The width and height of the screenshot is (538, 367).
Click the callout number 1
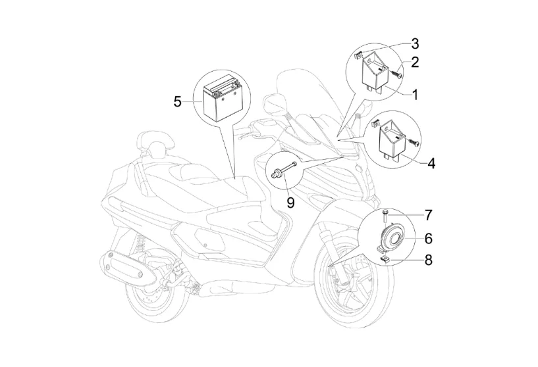click(x=415, y=95)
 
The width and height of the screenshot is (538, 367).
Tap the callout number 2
click(x=415, y=62)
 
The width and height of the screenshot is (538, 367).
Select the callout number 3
click(x=415, y=44)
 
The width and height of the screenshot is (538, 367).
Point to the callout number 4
click(x=431, y=162)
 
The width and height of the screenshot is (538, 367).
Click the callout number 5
click(x=177, y=101)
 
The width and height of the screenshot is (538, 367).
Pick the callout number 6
click(x=428, y=237)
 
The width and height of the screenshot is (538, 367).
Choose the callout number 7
click(x=428, y=215)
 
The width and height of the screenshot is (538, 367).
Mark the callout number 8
click(x=428, y=260)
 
